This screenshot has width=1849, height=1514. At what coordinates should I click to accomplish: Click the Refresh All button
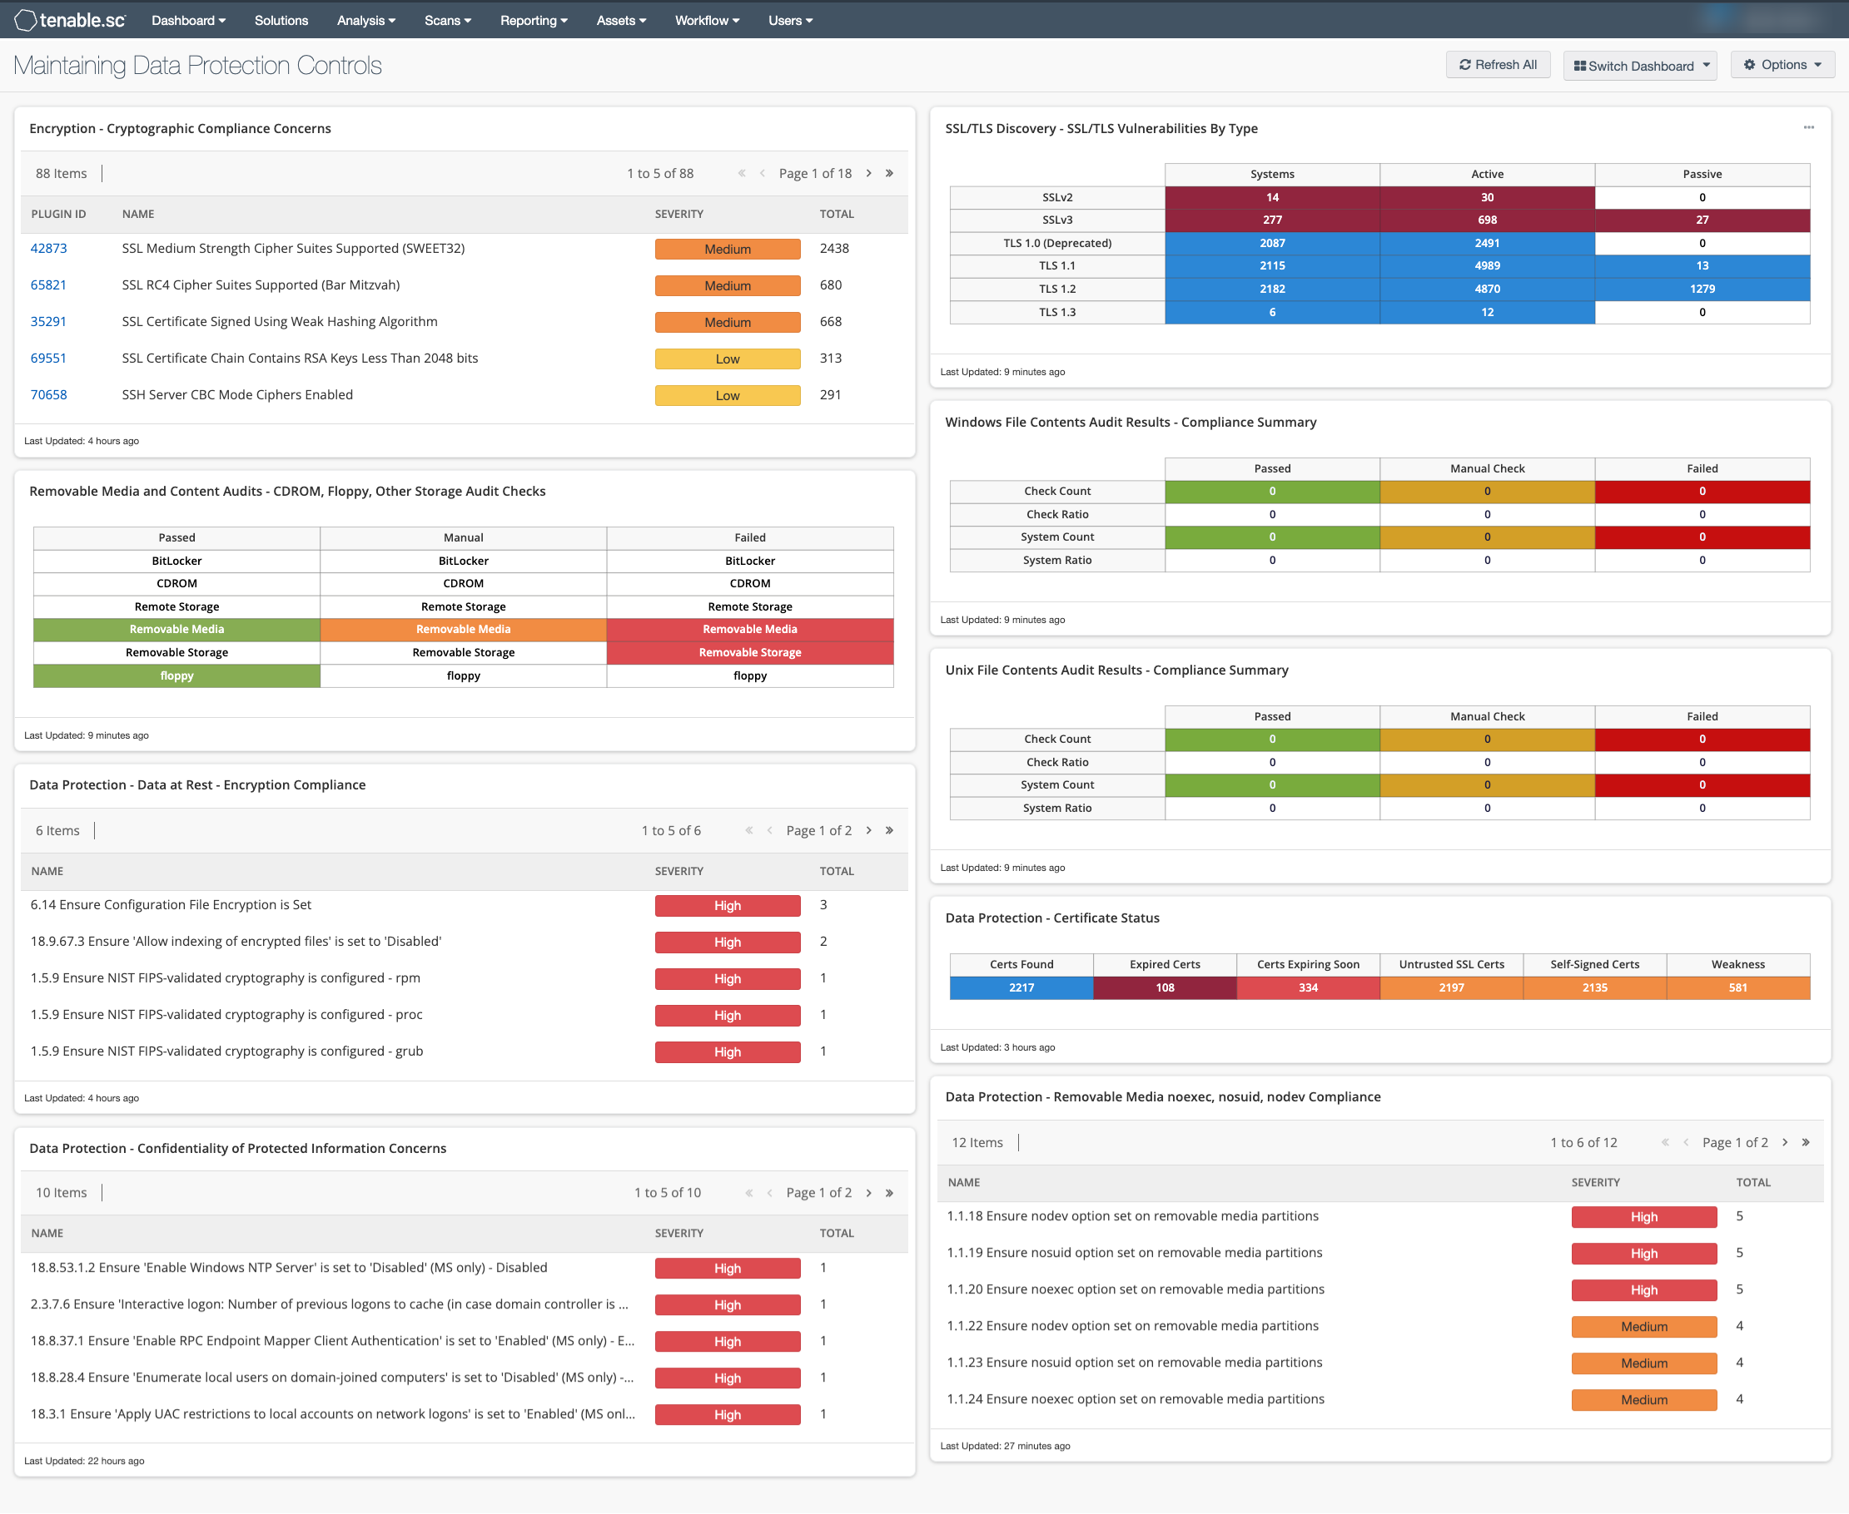pos(1498,66)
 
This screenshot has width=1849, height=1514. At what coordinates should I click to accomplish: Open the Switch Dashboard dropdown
pos(1639,66)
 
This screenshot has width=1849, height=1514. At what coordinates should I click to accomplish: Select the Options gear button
pos(1782,66)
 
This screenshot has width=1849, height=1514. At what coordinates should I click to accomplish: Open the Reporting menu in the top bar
pos(533,20)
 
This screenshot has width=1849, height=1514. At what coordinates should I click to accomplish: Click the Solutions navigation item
pos(281,20)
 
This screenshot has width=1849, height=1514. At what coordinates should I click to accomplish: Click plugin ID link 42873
pos(49,249)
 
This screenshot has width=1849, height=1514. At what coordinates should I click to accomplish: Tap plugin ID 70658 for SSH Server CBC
pos(49,395)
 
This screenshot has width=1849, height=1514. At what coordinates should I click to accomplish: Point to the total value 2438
pos(834,249)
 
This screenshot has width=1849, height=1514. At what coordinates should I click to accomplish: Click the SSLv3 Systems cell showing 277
pos(1272,220)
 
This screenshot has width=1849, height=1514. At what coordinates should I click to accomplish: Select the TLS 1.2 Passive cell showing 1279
pos(1702,289)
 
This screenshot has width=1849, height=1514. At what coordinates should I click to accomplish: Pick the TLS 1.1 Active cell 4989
pos(1487,266)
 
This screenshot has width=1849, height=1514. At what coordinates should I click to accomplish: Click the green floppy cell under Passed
pos(177,675)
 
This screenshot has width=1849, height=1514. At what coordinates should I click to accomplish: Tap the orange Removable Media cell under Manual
pos(464,630)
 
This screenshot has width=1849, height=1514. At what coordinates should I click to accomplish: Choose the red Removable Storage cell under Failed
pos(749,652)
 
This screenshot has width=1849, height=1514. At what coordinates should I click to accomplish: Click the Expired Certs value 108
pos(1165,988)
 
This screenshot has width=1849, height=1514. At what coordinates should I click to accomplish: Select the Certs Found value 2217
pos(1021,988)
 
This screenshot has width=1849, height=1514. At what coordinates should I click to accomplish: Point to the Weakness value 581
pos(1737,988)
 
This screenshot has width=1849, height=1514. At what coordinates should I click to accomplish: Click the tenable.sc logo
pos(71,20)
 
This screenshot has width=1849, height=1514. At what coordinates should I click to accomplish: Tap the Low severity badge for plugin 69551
pos(728,359)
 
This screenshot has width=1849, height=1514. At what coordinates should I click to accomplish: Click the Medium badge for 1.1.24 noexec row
pos(1644,1400)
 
